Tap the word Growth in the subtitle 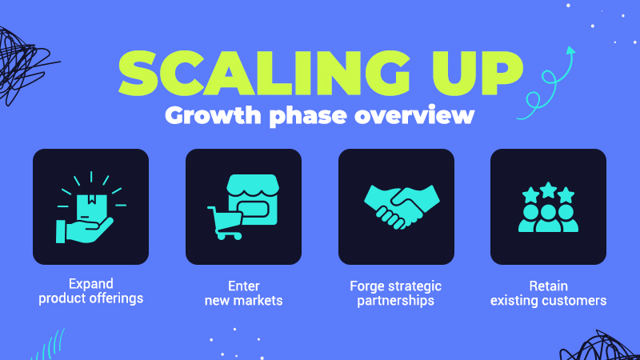tap(206, 115)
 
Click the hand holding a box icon tap(90, 207)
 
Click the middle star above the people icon tap(548, 189)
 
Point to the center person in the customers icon tap(548, 216)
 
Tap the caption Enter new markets tap(243, 293)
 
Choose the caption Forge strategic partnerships tap(396, 293)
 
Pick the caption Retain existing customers tap(548, 293)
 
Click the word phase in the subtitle tap(310, 115)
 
